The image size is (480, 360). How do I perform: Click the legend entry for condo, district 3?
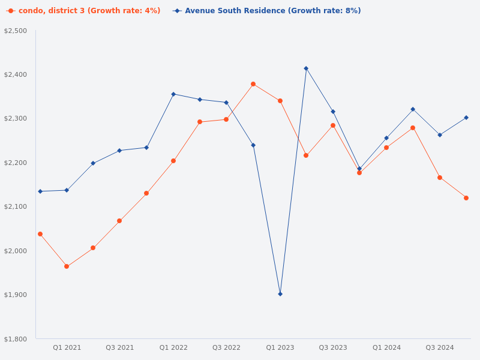coord(83,11)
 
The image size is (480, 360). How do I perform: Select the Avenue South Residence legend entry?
coord(267,11)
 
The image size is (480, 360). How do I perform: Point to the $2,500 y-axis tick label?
coord(16,31)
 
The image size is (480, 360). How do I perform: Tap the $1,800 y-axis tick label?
coord(16,339)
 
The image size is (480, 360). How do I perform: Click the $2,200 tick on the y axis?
coord(16,163)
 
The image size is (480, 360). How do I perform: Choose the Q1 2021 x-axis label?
coord(67,347)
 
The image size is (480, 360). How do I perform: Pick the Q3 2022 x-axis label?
coord(226,347)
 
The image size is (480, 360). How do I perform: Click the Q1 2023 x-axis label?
coord(280,347)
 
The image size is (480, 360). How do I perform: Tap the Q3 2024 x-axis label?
coord(440,347)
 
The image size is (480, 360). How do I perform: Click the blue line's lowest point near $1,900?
coord(280,294)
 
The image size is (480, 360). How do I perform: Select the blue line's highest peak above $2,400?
coord(306,68)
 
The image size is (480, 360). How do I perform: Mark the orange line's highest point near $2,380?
coord(253,84)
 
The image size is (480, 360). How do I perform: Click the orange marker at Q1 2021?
coord(67,266)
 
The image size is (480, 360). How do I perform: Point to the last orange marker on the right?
coord(466,198)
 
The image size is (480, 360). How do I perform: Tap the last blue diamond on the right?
coord(466,118)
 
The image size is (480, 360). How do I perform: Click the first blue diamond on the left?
coord(40,191)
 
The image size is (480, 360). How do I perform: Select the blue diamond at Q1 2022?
coord(173,94)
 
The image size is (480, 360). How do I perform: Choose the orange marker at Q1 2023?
coord(280,101)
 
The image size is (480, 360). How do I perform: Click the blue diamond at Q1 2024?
coord(386,138)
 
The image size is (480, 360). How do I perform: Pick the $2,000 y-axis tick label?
coord(16,251)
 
